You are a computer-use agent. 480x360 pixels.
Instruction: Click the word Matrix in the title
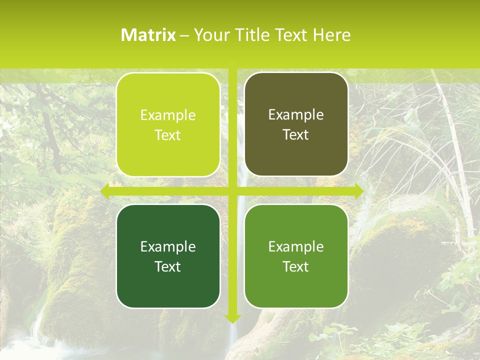click(x=148, y=35)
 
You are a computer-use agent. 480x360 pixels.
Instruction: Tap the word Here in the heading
click(x=331, y=35)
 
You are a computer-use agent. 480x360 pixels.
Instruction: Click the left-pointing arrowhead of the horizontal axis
click(x=105, y=190)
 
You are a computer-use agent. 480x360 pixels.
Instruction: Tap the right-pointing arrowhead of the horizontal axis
click(x=358, y=190)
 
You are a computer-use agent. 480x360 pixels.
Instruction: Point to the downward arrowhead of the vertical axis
click(x=232, y=318)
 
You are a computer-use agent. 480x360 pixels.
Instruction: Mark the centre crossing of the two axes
click(x=232, y=190)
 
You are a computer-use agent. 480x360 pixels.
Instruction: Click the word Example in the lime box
click(x=168, y=115)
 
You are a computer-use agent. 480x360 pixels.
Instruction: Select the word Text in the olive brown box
click(x=296, y=135)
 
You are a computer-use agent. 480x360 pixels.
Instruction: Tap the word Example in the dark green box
click(x=168, y=246)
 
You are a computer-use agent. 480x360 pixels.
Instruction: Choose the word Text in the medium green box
click(x=296, y=266)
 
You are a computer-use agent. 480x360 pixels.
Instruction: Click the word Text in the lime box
click(x=168, y=135)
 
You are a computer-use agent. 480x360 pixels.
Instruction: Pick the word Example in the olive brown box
click(x=296, y=115)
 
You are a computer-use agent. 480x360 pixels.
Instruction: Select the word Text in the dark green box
click(x=168, y=266)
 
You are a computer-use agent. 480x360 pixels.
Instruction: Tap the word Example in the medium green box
click(x=296, y=246)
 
